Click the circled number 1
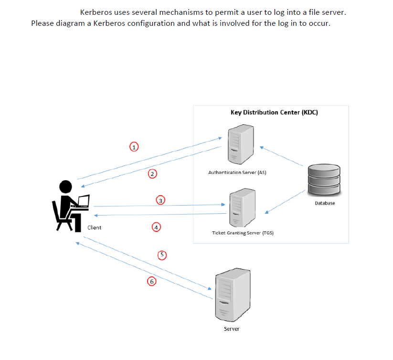pos(135,146)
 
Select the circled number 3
pos(161,199)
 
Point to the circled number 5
pos(162,255)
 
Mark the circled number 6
pos(151,282)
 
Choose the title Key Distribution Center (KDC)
pos(274,112)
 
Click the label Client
pos(95,228)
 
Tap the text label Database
pos(325,203)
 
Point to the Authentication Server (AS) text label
pos(237,172)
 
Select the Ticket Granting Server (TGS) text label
pos(242,233)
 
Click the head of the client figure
pos(65,186)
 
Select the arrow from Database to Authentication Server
pos(282,156)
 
